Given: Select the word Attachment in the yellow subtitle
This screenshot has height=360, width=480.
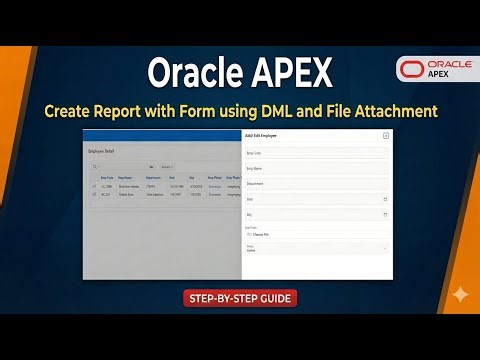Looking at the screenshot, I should (x=401, y=107).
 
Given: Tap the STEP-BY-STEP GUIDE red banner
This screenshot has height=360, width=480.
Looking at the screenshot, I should (x=240, y=298).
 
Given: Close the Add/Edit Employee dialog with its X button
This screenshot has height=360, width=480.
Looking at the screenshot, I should (x=386, y=135).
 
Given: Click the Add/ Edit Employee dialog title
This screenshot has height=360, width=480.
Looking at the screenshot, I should (x=262, y=135).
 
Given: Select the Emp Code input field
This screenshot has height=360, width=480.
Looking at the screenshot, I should (x=316, y=153).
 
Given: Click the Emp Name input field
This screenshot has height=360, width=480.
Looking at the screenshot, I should (x=316, y=168).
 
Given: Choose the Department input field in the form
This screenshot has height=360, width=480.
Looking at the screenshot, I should (x=316, y=184).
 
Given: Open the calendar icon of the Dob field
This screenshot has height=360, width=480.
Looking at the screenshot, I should (x=385, y=199).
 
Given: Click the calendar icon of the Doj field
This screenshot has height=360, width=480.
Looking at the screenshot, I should (x=385, y=214).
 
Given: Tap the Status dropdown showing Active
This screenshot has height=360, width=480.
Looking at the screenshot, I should (x=316, y=246).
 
